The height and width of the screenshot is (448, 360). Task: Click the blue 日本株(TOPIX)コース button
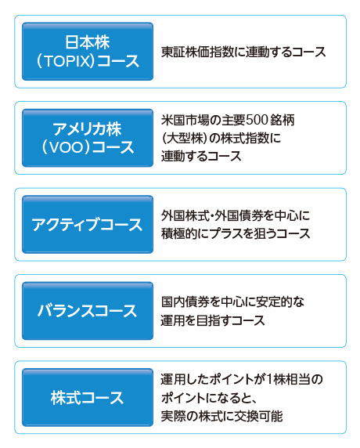88,52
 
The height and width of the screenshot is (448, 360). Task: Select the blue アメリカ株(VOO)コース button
88,138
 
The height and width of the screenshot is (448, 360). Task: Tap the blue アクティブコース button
88,224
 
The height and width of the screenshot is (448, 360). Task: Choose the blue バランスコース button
88,311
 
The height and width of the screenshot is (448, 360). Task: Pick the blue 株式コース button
88,397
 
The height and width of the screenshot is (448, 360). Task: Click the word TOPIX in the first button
68,61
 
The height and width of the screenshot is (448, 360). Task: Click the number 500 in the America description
257,120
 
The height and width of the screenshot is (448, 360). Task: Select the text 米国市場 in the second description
185,120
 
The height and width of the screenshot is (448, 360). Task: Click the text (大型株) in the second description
185,139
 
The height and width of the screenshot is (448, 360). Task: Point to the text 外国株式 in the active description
185,215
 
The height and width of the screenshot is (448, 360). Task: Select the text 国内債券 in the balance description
185,302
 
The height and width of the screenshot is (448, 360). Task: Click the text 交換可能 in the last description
258,416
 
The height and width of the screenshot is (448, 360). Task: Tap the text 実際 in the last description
173,416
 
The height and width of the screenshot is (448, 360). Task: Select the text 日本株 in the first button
88,42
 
